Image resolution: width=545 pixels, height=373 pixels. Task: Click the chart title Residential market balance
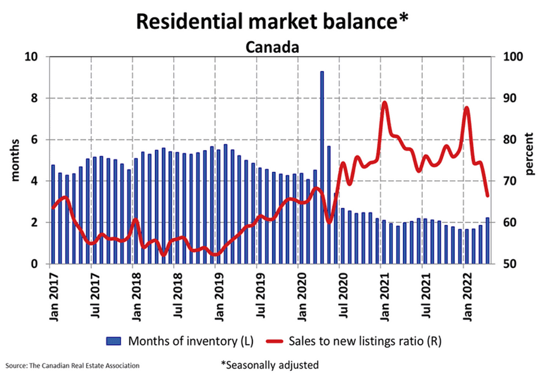point(272,22)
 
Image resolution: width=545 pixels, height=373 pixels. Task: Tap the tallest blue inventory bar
point(321,167)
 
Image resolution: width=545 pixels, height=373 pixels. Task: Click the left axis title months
point(15,160)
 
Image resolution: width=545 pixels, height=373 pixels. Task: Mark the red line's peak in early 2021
point(384,103)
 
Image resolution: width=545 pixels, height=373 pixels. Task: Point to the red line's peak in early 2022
point(467,108)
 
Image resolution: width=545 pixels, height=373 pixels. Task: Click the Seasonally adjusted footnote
point(270,365)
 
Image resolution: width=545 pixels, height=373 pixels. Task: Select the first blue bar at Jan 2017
point(53,214)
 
